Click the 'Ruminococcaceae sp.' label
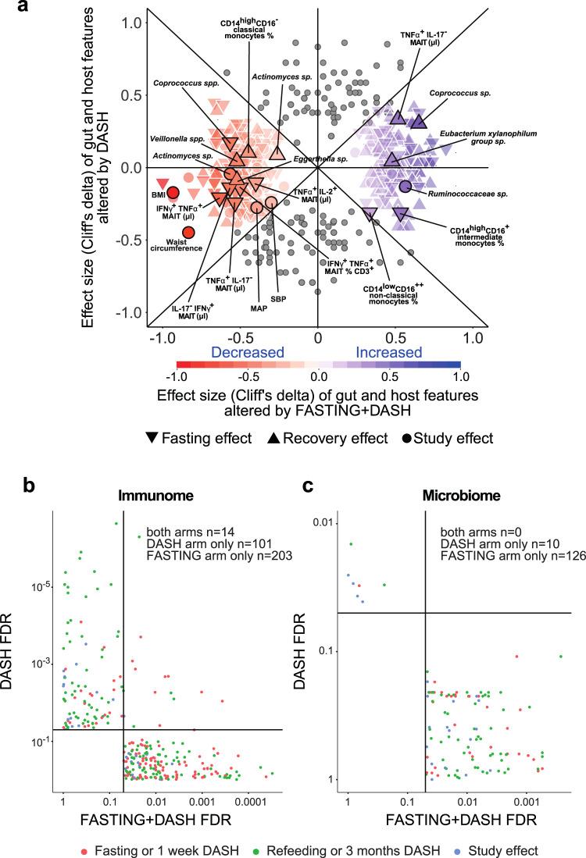[x=457, y=189]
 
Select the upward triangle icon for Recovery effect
[x=275, y=437]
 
